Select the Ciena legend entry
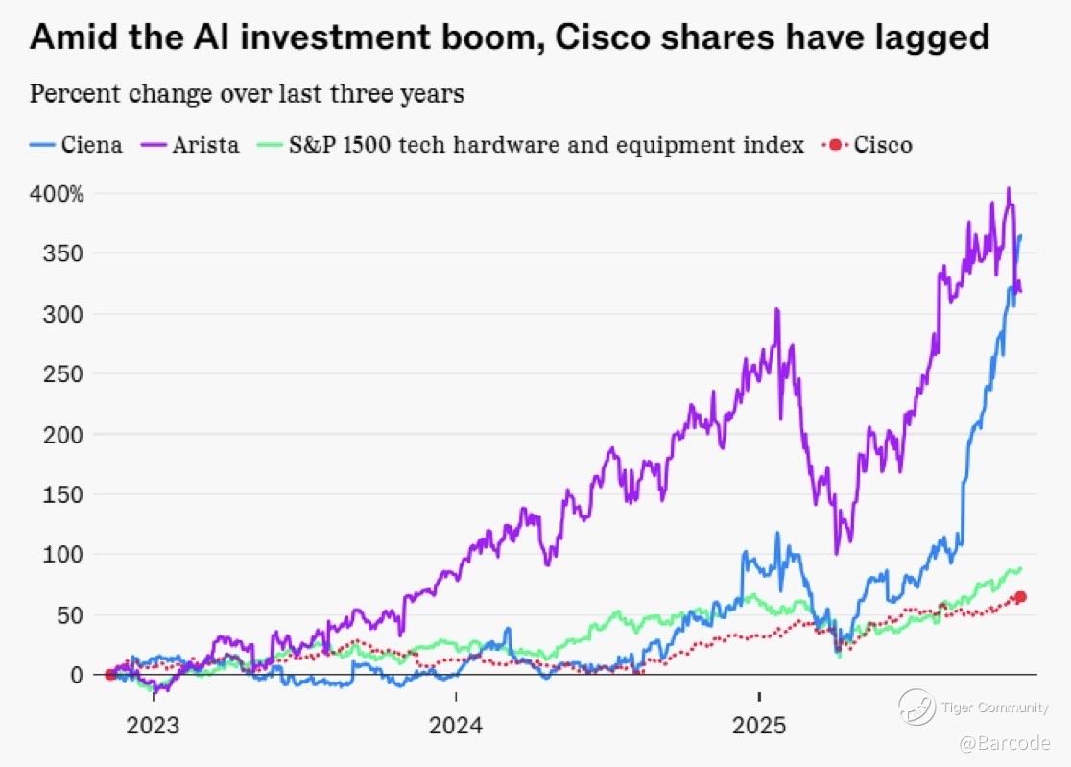[x=91, y=146]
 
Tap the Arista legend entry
[x=206, y=146]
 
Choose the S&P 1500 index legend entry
[x=546, y=146]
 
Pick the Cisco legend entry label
[x=883, y=146]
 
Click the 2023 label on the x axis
[x=153, y=724]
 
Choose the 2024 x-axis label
[x=456, y=724]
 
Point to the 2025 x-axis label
[x=759, y=724]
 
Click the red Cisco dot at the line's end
[x=1020, y=597]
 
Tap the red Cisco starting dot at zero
[x=110, y=675]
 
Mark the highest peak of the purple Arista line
[x=1009, y=189]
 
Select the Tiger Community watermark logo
[x=916, y=707]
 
